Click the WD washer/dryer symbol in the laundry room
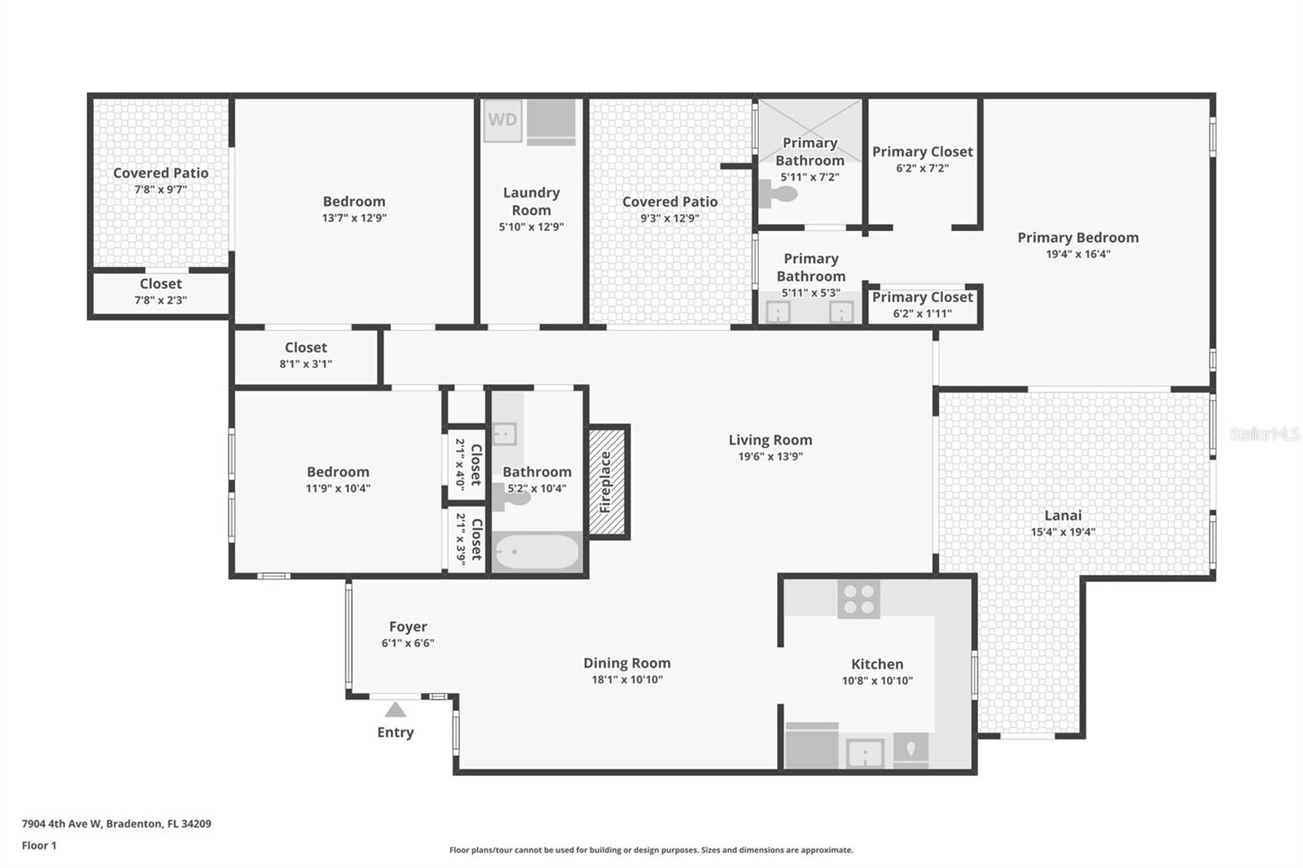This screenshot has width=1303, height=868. pyautogui.click(x=502, y=121)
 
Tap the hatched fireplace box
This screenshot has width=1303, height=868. pyautogui.click(x=607, y=481)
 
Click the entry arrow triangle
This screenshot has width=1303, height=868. pyautogui.click(x=395, y=709)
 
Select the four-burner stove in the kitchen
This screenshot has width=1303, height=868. pyautogui.click(x=858, y=598)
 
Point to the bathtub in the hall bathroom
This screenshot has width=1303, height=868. pyautogui.click(x=537, y=553)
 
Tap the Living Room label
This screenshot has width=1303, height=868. pyautogui.click(x=770, y=440)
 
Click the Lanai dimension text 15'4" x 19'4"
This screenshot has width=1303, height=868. pyautogui.click(x=1063, y=533)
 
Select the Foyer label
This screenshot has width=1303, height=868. pyautogui.click(x=407, y=626)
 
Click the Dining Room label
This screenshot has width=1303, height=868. pyautogui.click(x=626, y=663)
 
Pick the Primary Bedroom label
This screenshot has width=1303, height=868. pyautogui.click(x=1077, y=237)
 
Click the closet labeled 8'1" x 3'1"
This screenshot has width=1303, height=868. pyautogui.click(x=305, y=355)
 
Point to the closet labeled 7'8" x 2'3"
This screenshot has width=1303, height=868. pyautogui.click(x=160, y=292)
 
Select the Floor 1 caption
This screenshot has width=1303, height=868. pyautogui.click(x=39, y=845)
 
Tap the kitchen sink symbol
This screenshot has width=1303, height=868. pyautogui.click(x=865, y=752)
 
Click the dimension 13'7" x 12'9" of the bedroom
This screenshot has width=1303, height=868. pyautogui.click(x=353, y=218)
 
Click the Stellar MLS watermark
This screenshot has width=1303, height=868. pyautogui.click(x=1264, y=434)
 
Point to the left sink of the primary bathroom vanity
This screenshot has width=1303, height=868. pyautogui.click(x=779, y=312)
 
